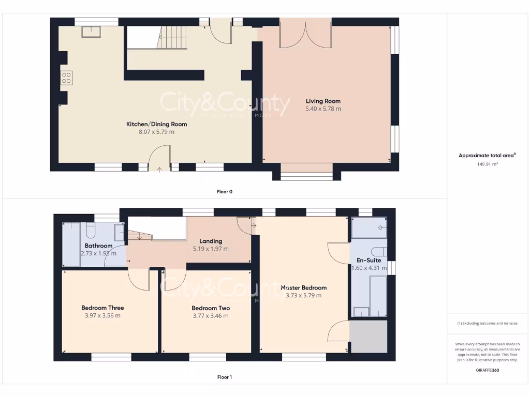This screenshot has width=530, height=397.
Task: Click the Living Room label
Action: [323, 101]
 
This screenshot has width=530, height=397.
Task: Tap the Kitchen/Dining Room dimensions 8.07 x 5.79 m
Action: [157, 132]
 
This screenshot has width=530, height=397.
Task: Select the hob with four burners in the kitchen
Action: [66, 78]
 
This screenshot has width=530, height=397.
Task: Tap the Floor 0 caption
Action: [224, 191]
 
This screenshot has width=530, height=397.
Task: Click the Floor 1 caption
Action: [224, 377]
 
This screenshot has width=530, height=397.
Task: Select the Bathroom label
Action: [98, 246]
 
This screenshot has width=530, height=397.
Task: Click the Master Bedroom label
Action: [303, 287]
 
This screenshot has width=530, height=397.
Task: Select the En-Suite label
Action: [369, 261]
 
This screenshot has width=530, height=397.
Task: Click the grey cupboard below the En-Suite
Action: [369, 337]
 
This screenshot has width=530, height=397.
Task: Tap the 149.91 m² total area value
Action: [487, 164]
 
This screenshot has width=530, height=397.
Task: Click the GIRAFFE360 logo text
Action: [487, 370]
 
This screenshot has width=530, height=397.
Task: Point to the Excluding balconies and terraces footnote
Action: [487, 324]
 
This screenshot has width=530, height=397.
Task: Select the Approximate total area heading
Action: [487, 155]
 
